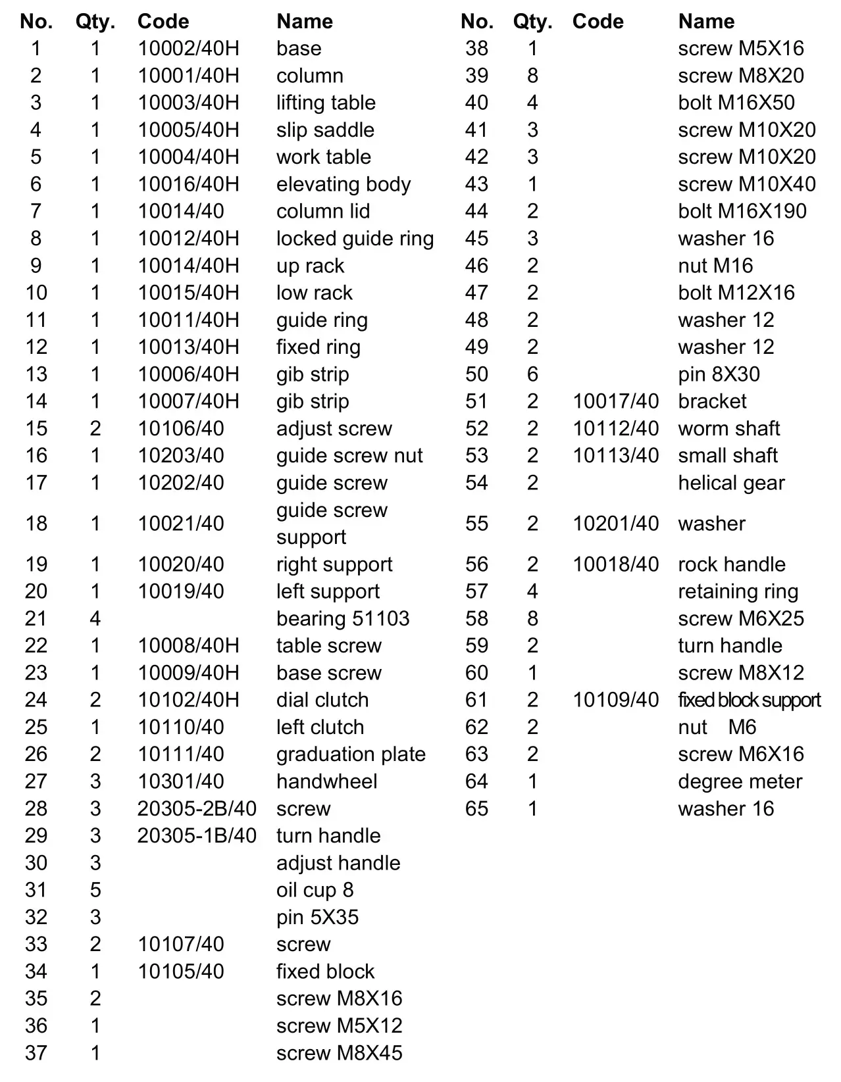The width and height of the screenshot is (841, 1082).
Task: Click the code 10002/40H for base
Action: pyautogui.click(x=188, y=49)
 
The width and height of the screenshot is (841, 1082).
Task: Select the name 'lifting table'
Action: pyautogui.click(x=326, y=103)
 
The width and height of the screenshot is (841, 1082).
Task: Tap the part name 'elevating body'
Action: pyautogui.click(x=344, y=184)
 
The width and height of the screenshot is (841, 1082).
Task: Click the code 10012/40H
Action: pyautogui.click(x=188, y=238)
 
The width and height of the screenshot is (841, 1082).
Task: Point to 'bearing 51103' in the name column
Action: pyautogui.click(x=343, y=618)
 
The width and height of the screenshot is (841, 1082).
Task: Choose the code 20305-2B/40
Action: pyautogui.click(x=197, y=808)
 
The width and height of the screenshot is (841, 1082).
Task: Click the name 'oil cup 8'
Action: pyautogui.click(x=315, y=890)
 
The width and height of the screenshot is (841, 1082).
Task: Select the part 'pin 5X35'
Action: pyautogui.click(x=317, y=917)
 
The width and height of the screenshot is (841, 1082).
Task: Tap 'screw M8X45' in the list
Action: pyautogui.click(x=339, y=1052)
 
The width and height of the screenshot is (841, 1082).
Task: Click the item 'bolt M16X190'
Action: pyautogui.click(x=742, y=211)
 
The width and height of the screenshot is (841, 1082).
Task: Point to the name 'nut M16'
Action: pyautogui.click(x=715, y=266)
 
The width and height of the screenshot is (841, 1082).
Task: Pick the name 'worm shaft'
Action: pyautogui.click(x=729, y=428)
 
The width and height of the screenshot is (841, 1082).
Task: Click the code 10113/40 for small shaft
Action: pyautogui.click(x=615, y=455)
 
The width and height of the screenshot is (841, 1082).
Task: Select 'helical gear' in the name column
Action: pyautogui.click(x=731, y=483)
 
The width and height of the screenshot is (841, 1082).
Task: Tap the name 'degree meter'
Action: pyautogui.click(x=740, y=781)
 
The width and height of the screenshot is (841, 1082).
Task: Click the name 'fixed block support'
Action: pyautogui.click(x=750, y=700)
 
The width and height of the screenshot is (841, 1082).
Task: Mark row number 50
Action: pyautogui.click(x=476, y=374)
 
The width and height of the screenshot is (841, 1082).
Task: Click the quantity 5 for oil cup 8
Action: pyautogui.click(x=95, y=890)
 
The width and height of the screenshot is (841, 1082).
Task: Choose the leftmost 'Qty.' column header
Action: pyautogui.click(x=95, y=22)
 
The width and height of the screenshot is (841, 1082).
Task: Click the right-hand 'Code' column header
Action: pyautogui.click(x=598, y=22)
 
